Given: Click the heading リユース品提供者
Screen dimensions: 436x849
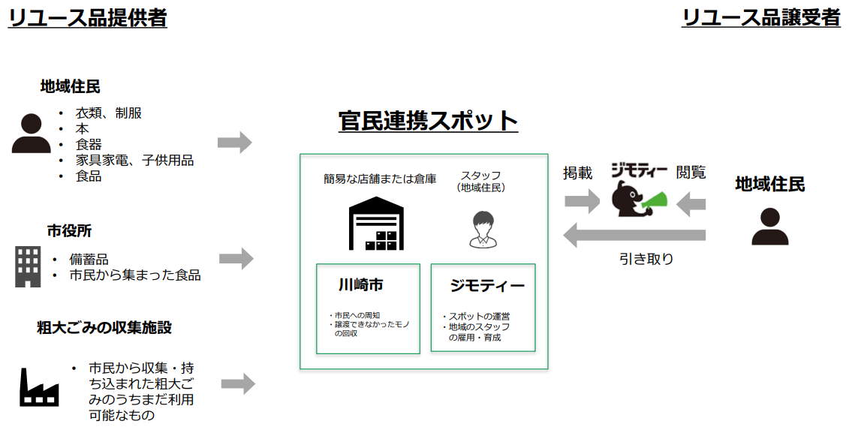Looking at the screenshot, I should tap(87, 17).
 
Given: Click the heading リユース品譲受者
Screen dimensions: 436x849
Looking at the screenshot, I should tap(761, 17).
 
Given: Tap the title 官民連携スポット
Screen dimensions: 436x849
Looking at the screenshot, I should tap(428, 121).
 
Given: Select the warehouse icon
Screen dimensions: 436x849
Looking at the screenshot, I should tap(376, 223).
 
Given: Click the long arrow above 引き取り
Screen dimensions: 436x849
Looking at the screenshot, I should tap(634, 234).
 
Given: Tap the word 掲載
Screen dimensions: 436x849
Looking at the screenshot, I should tap(578, 173).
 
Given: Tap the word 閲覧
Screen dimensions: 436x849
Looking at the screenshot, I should tap(691, 173).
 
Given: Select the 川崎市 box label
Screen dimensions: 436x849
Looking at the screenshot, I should tap(360, 285).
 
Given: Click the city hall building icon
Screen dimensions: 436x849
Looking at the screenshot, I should tap(28, 266).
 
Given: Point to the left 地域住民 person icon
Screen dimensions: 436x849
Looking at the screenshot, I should tap(31, 134).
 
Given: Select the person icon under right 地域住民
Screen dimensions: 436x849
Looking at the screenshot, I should tap(769, 227).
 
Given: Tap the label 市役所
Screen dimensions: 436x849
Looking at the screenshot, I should tap(69, 231).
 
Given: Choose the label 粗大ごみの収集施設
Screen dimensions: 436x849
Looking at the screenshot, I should tap(104, 328).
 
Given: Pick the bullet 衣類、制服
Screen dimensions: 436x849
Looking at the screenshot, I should tap(108, 113).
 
